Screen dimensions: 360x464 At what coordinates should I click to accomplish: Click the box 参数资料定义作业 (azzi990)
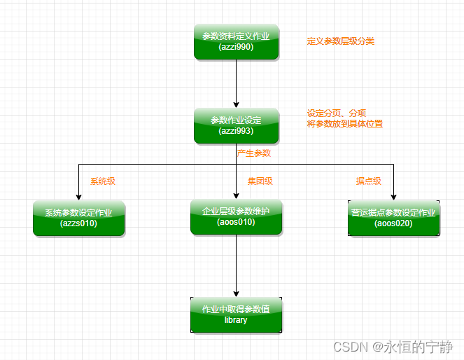tap(236, 42)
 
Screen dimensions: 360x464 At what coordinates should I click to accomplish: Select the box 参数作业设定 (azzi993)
tap(236, 126)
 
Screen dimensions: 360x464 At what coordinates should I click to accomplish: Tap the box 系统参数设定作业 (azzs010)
tap(78, 219)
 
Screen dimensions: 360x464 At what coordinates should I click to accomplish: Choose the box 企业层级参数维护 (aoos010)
tap(236, 216)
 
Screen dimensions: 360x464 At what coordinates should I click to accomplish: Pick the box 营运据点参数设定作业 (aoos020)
tap(393, 219)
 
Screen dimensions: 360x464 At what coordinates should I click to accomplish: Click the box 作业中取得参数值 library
tap(236, 314)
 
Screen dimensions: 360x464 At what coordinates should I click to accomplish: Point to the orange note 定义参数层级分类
tap(341, 41)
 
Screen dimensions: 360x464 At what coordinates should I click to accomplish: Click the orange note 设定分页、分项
tap(337, 113)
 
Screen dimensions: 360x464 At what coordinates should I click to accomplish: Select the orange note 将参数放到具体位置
tap(345, 124)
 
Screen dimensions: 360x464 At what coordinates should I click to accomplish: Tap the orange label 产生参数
tap(254, 153)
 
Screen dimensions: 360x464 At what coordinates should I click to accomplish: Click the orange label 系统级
tap(103, 181)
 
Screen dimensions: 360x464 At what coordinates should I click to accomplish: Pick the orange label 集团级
tap(260, 181)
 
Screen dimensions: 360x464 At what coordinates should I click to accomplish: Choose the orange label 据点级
tap(368, 181)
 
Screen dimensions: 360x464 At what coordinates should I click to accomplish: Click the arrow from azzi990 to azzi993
tap(236, 83)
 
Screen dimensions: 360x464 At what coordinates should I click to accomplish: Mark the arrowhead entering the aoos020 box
tap(393, 196)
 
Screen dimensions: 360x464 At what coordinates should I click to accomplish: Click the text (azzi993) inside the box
tap(236, 131)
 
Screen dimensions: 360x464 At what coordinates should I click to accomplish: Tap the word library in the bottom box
tap(236, 320)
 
